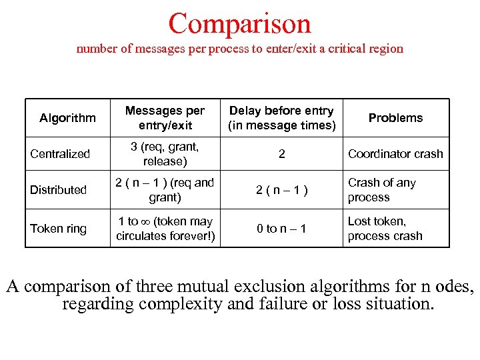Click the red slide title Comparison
tap(239, 23)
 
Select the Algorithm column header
tap(67, 118)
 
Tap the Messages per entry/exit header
tap(165, 118)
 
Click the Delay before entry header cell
tap(281, 118)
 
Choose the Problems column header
tap(395, 118)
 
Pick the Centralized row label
tap(60, 154)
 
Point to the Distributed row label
tap(59, 190)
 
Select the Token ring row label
tap(59, 229)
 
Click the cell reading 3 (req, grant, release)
tap(165, 154)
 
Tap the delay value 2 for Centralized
tap(282, 154)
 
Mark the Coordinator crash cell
tap(395, 154)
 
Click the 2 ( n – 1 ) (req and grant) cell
tap(165, 190)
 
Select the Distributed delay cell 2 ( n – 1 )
tap(282, 190)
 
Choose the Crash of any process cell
tap(382, 190)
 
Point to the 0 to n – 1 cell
tap(282, 229)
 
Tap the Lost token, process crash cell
tap(385, 229)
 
